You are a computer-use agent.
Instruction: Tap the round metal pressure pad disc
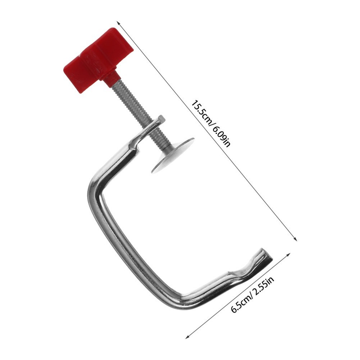[x=172, y=156]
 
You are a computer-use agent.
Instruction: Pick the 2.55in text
[x=264, y=286]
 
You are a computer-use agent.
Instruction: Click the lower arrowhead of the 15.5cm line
[x=296, y=239]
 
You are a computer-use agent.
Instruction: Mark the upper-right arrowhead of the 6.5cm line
[x=289, y=255]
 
